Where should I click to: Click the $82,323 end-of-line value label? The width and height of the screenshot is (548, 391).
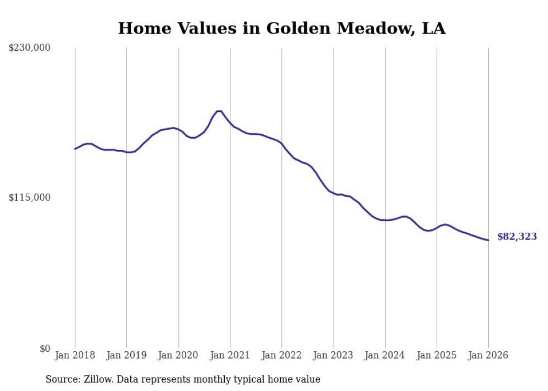click(x=517, y=237)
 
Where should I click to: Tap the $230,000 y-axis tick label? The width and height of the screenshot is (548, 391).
click(x=30, y=48)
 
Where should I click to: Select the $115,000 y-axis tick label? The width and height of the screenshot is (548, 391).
click(x=30, y=197)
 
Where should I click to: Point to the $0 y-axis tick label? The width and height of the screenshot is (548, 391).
click(x=45, y=348)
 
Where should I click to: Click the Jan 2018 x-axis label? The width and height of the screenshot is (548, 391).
click(x=75, y=355)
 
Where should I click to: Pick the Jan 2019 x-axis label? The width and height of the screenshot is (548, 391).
click(x=126, y=355)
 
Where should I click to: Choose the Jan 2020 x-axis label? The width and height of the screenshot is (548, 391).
click(x=178, y=355)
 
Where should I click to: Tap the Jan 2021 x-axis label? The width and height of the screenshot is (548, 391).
click(x=230, y=355)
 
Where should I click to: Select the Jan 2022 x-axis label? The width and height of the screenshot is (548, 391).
click(x=282, y=355)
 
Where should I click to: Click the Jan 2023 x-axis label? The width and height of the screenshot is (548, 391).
click(x=333, y=355)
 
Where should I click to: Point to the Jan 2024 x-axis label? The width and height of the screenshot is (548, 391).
click(x=385, y=355)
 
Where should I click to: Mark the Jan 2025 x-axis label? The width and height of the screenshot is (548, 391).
click(x=437, y=355)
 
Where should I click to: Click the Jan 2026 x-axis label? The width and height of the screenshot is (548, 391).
click(x=488, y=355)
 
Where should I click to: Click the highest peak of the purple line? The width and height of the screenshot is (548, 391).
click(x=219, y=111)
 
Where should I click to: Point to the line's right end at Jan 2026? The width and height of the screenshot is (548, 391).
click(x=488, y=240)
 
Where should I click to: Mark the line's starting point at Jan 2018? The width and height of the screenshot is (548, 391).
click(x=75, y=149)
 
